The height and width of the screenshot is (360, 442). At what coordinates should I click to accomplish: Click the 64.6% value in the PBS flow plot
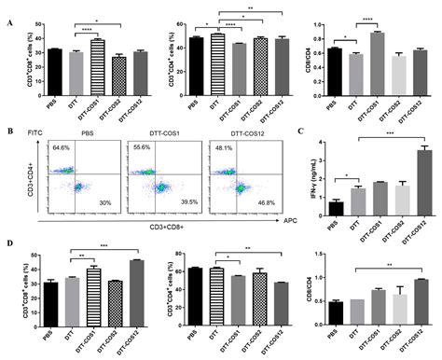(x=62, y=148)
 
